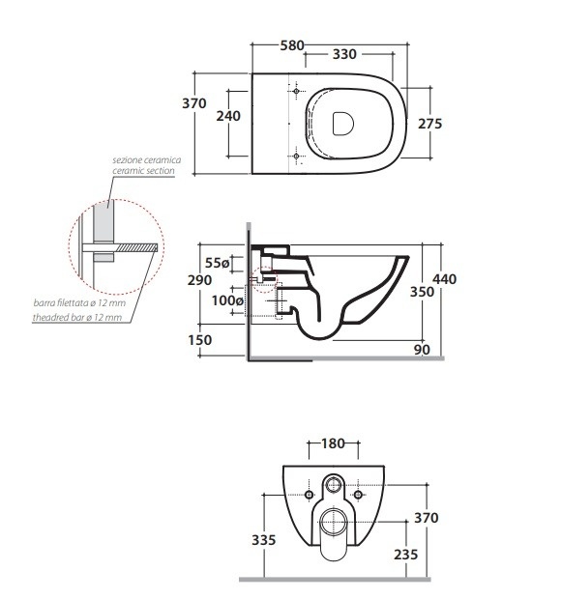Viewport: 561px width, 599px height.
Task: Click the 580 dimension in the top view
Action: pos(292,45)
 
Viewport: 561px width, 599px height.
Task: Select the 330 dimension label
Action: pos(344,54)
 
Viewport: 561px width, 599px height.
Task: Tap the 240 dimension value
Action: pos(228,116)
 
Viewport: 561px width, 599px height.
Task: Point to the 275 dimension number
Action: pos(429,124)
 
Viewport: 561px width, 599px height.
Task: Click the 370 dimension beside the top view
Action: pos(194,103)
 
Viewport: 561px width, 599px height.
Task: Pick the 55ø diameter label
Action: pos(218,263)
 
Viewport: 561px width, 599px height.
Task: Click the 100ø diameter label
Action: pos(227,300)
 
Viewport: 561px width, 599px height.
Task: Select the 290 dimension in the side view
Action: pos(199,280)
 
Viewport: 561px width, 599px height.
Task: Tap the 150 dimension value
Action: pos(199,340)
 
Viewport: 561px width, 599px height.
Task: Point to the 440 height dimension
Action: pos(444,279)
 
